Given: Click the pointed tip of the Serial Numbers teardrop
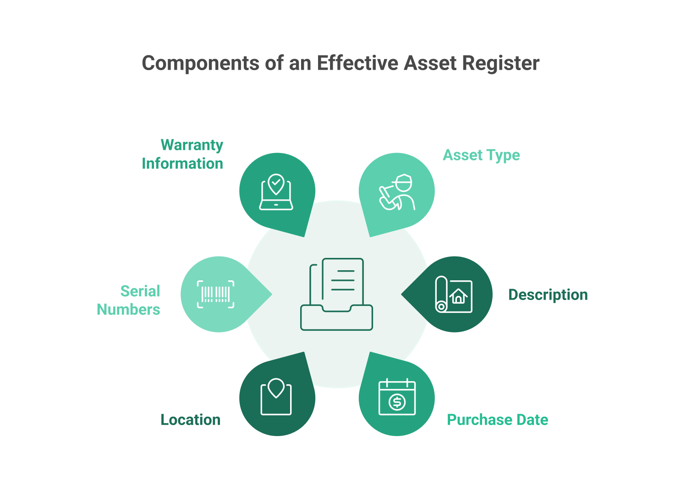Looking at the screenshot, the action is pyautogui.click(x=272, y=294).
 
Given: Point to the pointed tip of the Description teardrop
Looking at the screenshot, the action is pyautogui.click(x=401, y=294).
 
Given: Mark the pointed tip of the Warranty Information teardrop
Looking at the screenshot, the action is pyautogui.click(x=304, y=237).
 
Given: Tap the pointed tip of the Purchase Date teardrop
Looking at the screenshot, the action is pyautogui.click(x=370, y=352).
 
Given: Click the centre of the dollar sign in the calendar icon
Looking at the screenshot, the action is pyautogui.click(x=397, y=402).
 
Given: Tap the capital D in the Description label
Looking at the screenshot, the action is pyautogui.click(x=513, y=295).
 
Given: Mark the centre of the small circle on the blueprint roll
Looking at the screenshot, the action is pyautogui.click(x=441, y=307).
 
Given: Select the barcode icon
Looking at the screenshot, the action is pyautogui.click(x=215, y=294).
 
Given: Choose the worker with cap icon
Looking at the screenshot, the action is pyautogui.click(x=397, y=192).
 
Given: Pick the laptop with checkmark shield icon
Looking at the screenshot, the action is pyautogui.click(x=276, y=192).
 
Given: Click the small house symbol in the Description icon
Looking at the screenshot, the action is pyautogui.click(x=458, y=296).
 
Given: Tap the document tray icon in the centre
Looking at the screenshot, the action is pyautogui.click(x=336, y=294).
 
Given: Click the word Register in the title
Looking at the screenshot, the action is pyautogui.click(x=501, y=64).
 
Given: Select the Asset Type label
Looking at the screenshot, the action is pyautogui.click(x=481, y=155).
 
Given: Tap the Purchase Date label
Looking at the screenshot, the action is pyautogui.click(x=497, y=420).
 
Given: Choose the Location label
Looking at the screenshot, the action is pyautogui.click(x=190, y=420).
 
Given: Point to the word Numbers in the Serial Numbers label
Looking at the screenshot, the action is pyautogui.click(x=128, y=310).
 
